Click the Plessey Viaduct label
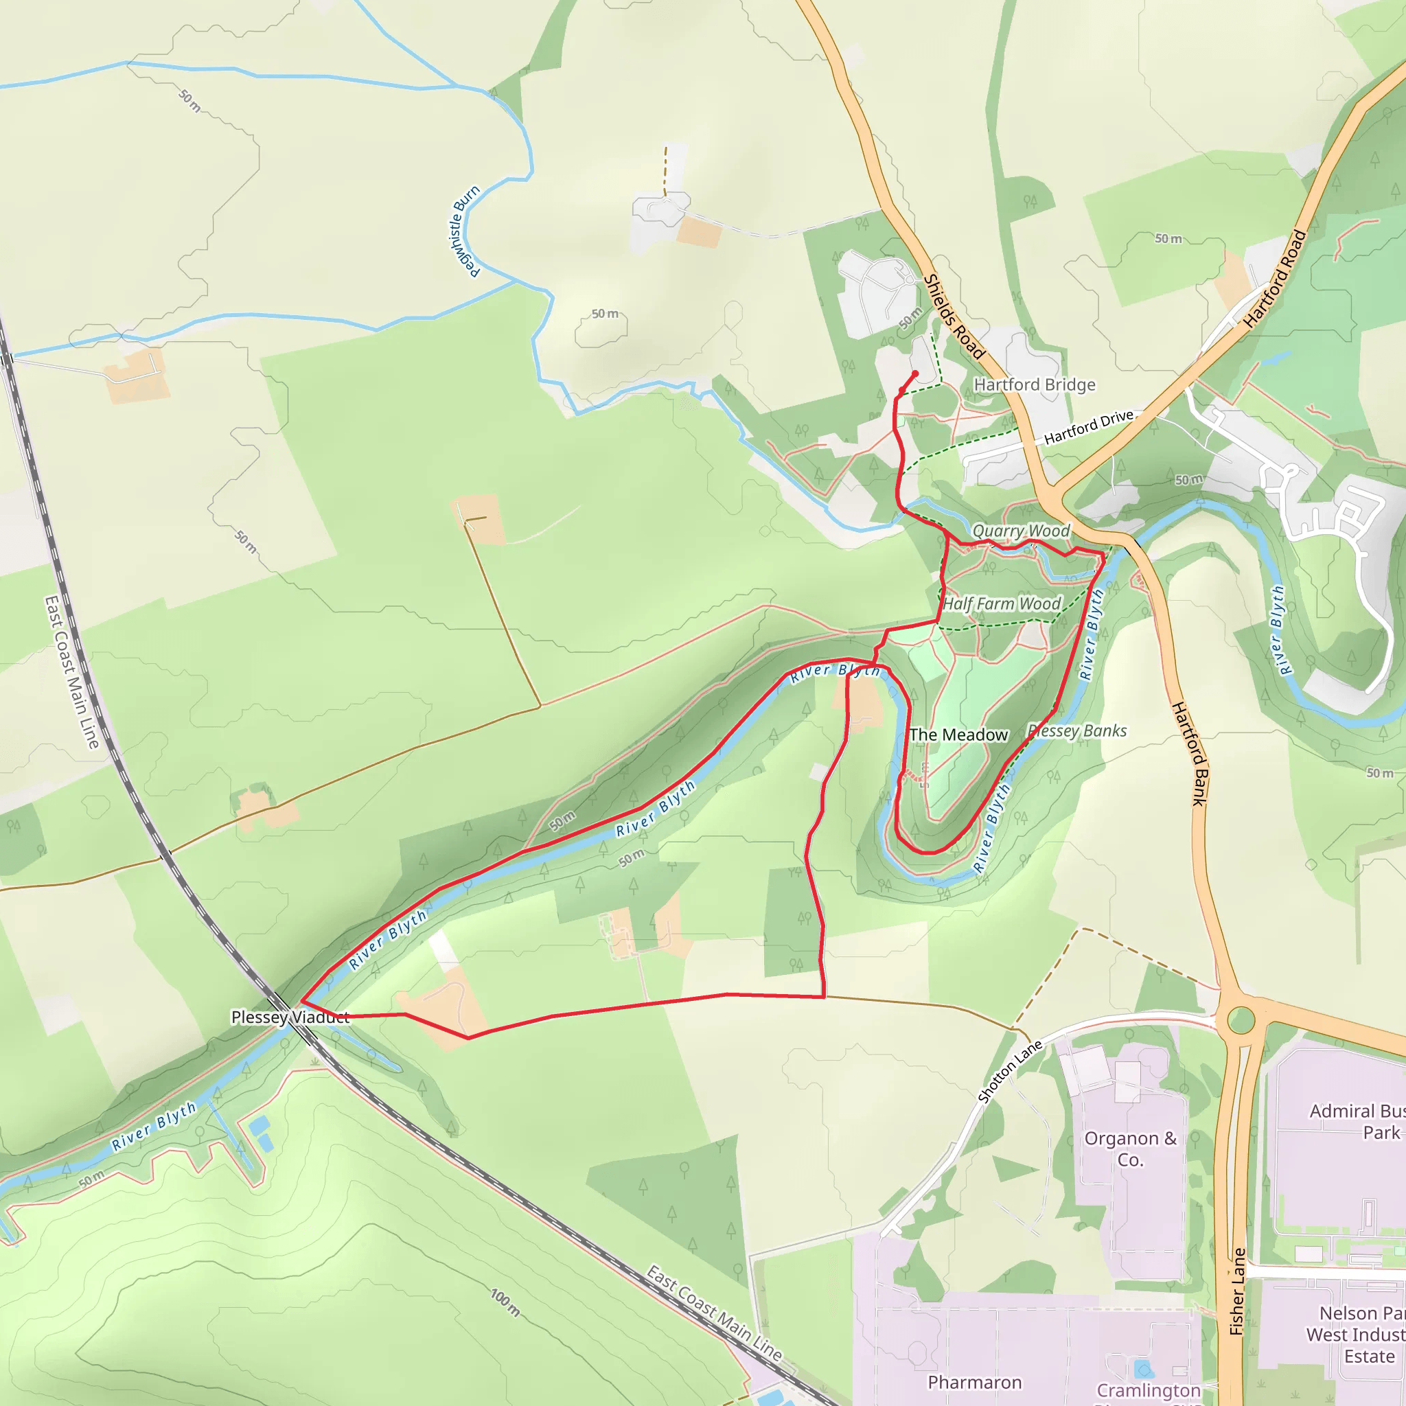pyautogui.click(x=290, y=1017)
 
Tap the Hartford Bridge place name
pyautogui.click(x=1034, y=384)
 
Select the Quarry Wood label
pyautogui.click(x=1021, y=531)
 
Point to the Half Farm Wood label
pyautogui.click(x=1002, y=603)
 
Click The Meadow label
pyautogui.click(x=958, y=735)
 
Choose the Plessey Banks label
pyautogui.click(x=1078, y=730)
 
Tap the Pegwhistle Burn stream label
pyautogui.click(x=464, y=231)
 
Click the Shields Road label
pyautogui.click(x=954, y=316)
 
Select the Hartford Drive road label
pyautogui.click(x=1089, y=427)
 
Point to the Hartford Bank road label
pyautogui.click(x=1189, y=753)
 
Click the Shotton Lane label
pyautogui.click(x=1009, y=1072)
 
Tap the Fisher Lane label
pyautogui.click(x=1237, y=1291)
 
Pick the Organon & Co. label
pyautogui.click(x=1130, y=1149)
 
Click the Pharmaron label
pyautogui.click(x=974, y=1382)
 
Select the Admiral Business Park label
pyautogui.click(x=1357, y=1122)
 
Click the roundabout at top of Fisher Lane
pyautogui.click(x=1241, y=1019)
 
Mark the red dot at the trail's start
pyautogui.click(x=916, y=374)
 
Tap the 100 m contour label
pyautogui.click(x=505, y=1302)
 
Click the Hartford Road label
pyautogui.click(x=1275, y=279)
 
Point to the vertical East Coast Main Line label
pyautogui.click(x=71, y=671)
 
